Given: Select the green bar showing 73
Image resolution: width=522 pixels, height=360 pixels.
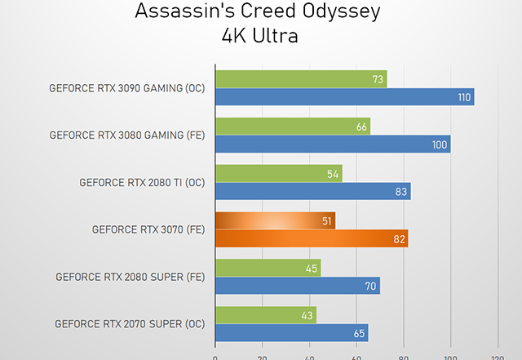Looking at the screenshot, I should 300,78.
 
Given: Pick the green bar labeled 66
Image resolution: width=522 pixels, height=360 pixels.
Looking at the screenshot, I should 292,126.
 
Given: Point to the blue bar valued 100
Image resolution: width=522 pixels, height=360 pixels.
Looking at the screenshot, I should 333,144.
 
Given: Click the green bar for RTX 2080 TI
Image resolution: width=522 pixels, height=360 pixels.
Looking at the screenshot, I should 278,173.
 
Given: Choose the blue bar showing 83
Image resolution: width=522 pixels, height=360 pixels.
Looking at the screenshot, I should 312,192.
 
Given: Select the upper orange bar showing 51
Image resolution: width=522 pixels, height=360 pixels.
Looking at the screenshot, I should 275,220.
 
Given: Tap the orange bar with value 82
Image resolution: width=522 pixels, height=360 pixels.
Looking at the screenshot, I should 311,238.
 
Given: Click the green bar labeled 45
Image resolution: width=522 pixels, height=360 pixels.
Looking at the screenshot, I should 268,268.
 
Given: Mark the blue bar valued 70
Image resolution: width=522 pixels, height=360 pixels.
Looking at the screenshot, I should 297,286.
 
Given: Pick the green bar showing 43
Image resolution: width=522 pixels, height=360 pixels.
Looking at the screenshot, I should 265,314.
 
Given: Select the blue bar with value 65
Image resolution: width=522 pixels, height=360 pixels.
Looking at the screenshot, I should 291,333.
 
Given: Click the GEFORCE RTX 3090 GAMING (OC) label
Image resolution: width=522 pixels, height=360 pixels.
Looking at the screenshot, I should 127,88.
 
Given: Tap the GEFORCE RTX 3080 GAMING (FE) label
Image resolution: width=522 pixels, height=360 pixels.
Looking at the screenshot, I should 127,136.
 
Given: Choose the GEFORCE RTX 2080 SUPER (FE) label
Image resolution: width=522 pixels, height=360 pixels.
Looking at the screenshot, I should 130,277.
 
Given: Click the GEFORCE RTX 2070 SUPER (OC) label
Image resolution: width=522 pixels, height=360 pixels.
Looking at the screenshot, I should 130,324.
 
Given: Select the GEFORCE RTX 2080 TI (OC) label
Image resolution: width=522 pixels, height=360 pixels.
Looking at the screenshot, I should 142,183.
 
